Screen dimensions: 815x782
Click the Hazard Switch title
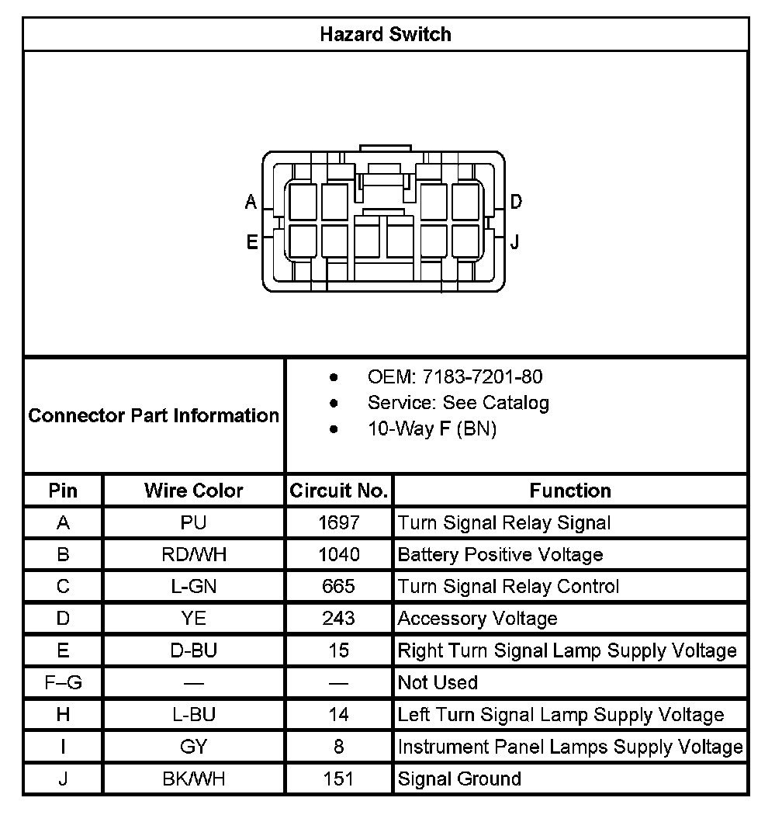(x=386, y=34)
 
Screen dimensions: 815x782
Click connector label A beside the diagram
(x=251, y=203)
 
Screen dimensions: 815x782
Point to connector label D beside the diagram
(x=516, y=203)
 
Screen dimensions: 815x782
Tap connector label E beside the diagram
(x=252, y=242)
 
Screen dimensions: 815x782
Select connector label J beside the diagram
(x=514, y=242)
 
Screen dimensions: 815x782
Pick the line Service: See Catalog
(x=458, y=403)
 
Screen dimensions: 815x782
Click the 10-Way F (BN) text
(x=431, y=428)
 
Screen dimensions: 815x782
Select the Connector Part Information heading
(x=154, y=415)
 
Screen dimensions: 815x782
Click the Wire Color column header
(x=193, y=491)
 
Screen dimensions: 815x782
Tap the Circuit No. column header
(x=338, y=491)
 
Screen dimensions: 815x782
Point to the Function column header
(x=570, y=491)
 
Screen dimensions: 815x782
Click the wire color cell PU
(x=193, y=523)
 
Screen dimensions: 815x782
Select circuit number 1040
(x=339, y=555)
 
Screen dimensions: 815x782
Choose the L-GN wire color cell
(x=193, y=587)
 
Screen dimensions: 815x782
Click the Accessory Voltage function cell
(x=477, y=619)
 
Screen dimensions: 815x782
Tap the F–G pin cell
(x=63, y=683)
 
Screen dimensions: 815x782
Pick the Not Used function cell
(x=438, y=683)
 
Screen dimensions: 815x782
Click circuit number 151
(x=339, y=779)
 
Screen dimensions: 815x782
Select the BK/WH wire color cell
(x=193, y=779)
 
